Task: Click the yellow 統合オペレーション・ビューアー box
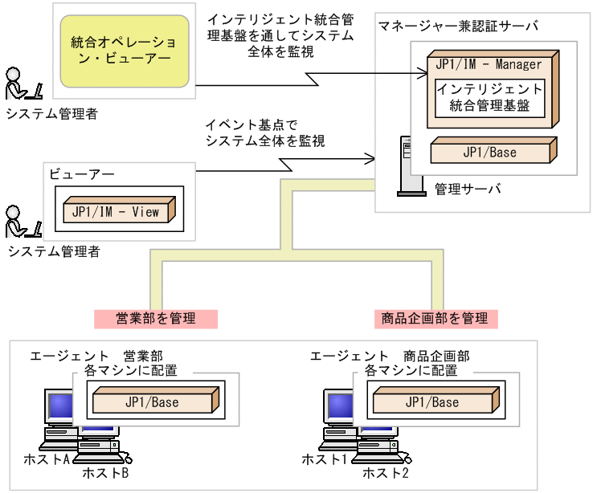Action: click(126, 50)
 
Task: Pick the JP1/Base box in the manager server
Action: click(491, 153)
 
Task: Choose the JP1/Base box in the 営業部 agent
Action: click(153, 401)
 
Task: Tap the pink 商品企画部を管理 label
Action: click(436, 318)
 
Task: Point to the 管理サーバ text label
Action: click(468, 189)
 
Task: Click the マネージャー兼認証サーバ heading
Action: click(459, 26)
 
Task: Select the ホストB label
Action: click(105, 473)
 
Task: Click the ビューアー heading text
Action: click(82, 174)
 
